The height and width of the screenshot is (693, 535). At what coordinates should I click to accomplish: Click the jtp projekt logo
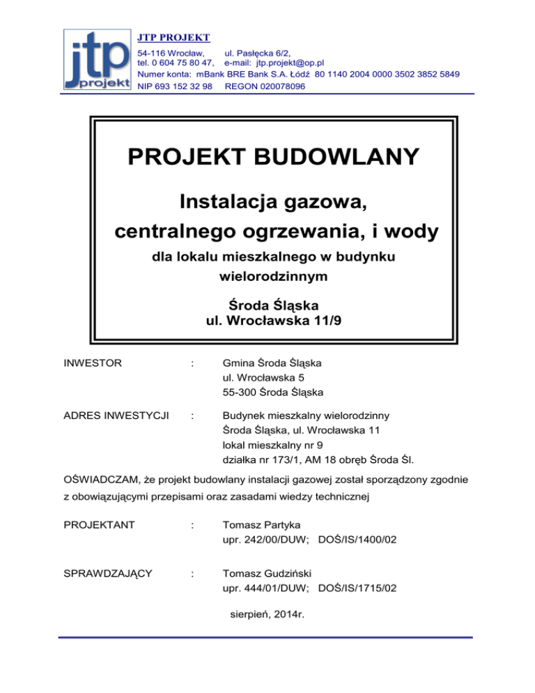point(99,59)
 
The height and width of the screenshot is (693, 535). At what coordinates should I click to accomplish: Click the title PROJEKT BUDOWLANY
point(274,156)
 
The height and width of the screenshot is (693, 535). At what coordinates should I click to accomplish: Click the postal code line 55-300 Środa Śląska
point(272,392)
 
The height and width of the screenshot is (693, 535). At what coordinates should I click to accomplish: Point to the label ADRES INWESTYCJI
point(116,417)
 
